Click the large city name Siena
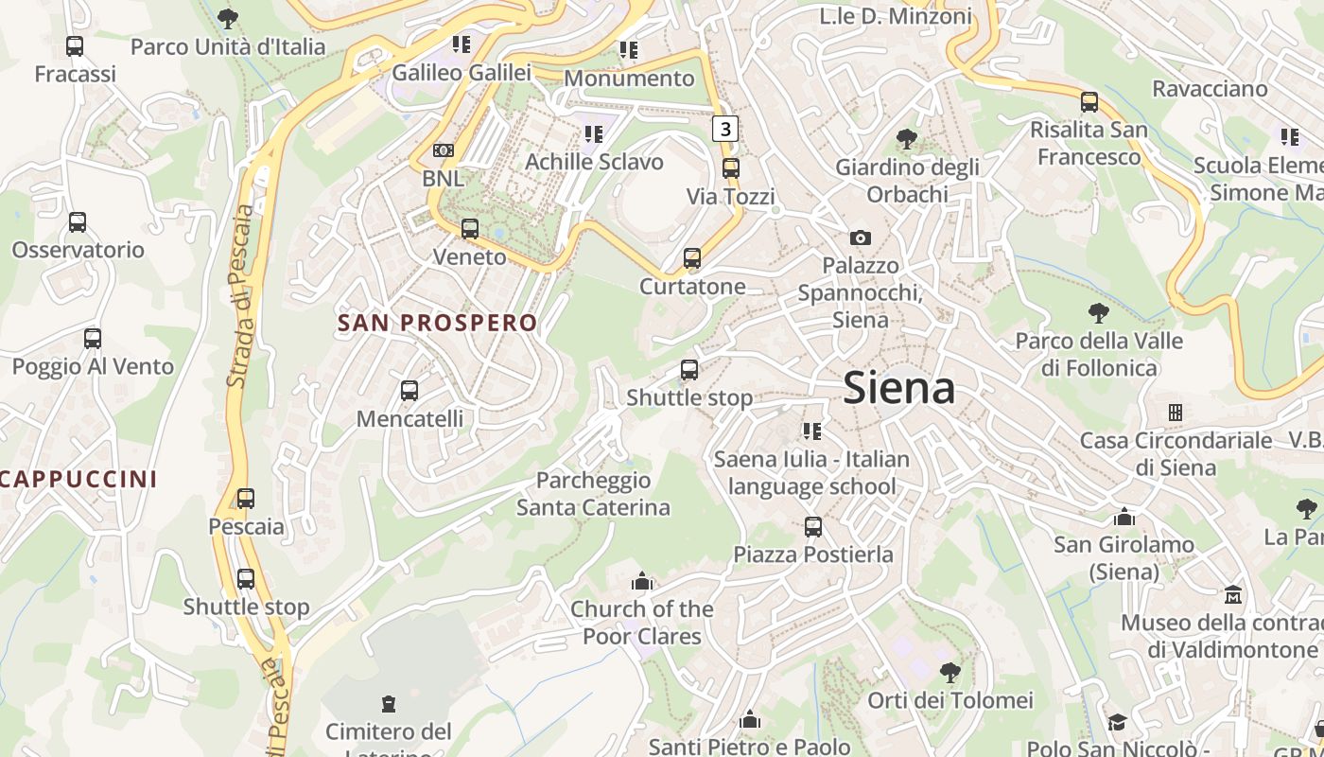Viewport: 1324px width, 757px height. tap(898, 388)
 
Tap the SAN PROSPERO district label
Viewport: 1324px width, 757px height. tap(437, 323)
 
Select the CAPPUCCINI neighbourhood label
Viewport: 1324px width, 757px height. tap(79, 479)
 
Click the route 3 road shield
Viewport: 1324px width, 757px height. tap(724, 128)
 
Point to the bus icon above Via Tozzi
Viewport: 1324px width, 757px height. tap(730, 168)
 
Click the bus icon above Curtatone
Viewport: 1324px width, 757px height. tap(692, 258)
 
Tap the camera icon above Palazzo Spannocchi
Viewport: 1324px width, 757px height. tap(860, 238)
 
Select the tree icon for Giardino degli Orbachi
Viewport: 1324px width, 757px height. tap(906, 139)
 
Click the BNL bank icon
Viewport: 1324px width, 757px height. tap(443, 150)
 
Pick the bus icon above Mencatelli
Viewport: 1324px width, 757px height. tap(409, 390)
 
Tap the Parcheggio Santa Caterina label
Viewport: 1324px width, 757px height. tap(593, 494)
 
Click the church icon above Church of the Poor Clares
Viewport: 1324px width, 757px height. tap(642, 580)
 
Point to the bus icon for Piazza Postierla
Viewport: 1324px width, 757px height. tap(813, 526)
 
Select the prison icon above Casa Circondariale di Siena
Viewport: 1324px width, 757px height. tap(1176, 413)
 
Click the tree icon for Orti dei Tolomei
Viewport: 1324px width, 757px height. tap(950, 673)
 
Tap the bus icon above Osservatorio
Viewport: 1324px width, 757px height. tap(78, 222)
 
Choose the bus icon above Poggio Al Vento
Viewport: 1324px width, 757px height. tap(93, 339)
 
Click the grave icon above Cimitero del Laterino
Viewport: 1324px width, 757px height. tap(388, 704)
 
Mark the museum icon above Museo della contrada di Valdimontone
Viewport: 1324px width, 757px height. tap(1233, 595)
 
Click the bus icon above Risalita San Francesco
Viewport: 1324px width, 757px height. tap(1089, 102)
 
